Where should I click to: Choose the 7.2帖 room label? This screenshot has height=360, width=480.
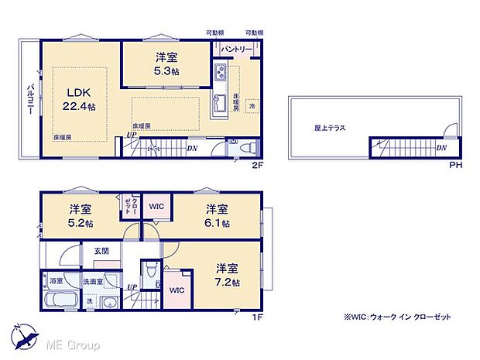[x=226, y=276]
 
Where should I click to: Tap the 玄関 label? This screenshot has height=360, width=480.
[x=101, y=250]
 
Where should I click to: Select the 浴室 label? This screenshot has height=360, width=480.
[x=56, y=283]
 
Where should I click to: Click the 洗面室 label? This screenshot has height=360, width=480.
[x=93, y=283]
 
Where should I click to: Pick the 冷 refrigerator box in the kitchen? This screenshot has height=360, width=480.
[x=252, y=105]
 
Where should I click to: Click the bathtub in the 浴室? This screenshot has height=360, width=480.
[x=56, y=299]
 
